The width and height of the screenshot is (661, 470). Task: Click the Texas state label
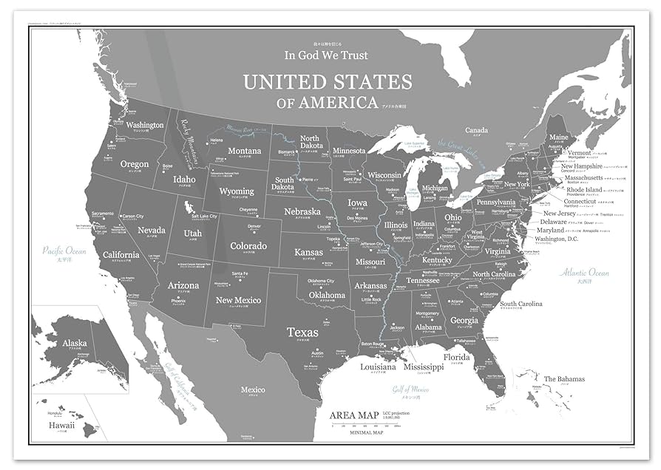pos(303,332)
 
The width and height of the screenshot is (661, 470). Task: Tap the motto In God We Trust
pos(326,55)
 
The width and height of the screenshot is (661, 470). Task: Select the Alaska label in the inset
pos(74,343)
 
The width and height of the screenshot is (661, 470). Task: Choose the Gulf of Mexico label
pos(411,389)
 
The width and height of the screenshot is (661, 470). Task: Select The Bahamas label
pos(564,379)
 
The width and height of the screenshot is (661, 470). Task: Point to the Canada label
pos(476,129)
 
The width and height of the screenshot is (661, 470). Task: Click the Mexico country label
pos(253,389)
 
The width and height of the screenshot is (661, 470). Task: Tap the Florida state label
pos(456,357)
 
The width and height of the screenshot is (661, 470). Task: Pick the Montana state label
pos(244,151)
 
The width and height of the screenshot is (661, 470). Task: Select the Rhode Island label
pos(583,190)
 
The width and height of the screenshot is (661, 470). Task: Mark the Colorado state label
pos(248,245)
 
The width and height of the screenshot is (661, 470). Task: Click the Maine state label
pos(558,137)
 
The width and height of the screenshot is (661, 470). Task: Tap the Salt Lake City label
pos(204,217)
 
